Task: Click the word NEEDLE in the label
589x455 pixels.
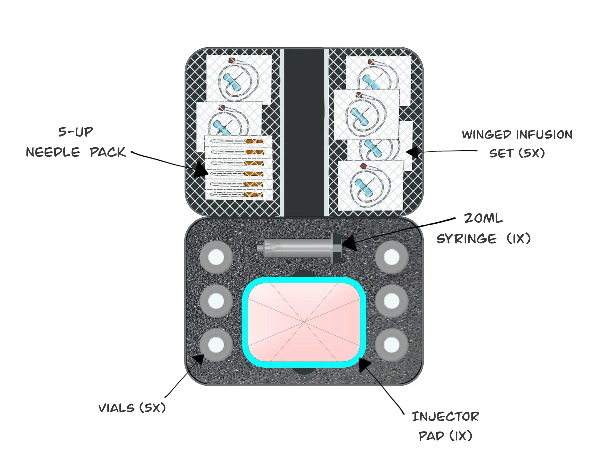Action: (x=53, y=152)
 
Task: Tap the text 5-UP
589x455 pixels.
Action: (x=76, y=132)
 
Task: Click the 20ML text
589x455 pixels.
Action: (x=483, y=218)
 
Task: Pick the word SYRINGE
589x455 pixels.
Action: (x=466, y=239)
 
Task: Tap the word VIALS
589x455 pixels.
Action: (x=117, y=408)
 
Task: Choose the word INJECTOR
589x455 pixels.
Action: (x=445, y=417)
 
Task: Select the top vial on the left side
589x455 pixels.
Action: (x=216, y=257)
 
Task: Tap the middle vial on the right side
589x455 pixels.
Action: (x=391, y=301)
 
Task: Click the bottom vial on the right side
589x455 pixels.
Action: (x=391, y=345)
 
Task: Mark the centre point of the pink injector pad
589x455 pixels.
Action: (x=304, y=322)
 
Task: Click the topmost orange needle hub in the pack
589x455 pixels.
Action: (x=254, y=142)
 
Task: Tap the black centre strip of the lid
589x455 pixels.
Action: (x=304, y=132)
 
